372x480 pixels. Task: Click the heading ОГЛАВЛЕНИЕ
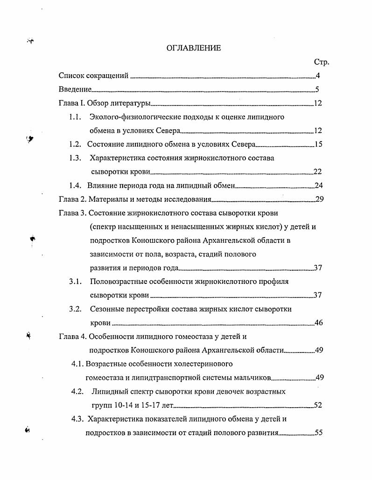point(193,48)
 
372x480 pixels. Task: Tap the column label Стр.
point(322,62)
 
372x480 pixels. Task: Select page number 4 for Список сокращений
point(318,76)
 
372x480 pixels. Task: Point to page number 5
point(317,90)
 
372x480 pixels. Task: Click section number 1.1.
point(76,117)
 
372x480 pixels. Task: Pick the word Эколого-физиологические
point(130,117)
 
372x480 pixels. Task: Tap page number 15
point(318,144)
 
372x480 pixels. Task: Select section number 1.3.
point(76,158)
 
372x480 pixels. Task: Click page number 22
point(318,172)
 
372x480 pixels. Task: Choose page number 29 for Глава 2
point(320,199)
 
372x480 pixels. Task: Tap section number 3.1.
point(76,282)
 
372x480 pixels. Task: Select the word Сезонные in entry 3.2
point(107,309)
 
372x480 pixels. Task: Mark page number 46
point(319,323)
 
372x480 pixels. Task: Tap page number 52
point(318,405)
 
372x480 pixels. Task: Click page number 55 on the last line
point(319,433)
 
